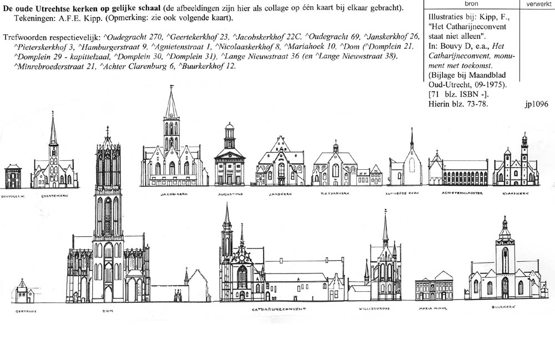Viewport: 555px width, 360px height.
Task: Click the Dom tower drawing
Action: pos(108,211)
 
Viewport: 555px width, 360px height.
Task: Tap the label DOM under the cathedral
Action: pos(108,311)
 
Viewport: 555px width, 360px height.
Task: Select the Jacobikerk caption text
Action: pos(171,194)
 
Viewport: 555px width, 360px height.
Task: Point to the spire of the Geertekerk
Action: pos(53,130)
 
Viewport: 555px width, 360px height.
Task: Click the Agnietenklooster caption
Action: pos(458,194)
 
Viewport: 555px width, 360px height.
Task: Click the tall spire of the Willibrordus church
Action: pos(385,227)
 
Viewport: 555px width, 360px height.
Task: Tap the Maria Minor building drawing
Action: pos(434,287)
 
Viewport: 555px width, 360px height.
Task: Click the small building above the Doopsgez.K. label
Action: pos(13,176)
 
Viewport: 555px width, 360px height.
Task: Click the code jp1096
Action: pos(535,103)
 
